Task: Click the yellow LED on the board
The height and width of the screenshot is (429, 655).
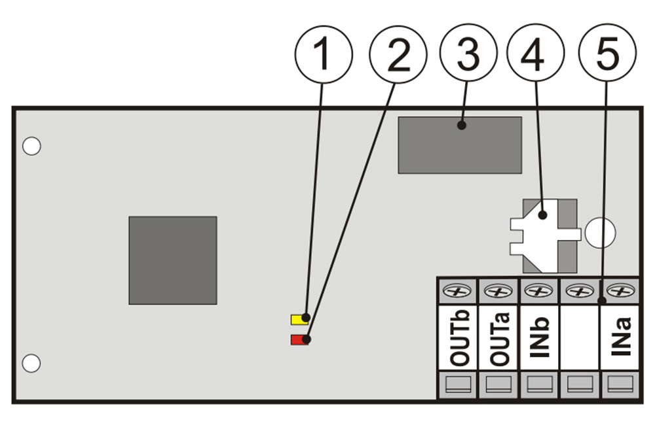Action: click(300, 319)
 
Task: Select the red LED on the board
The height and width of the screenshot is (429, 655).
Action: click(300, 340)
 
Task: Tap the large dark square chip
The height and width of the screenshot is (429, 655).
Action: click(172, 260)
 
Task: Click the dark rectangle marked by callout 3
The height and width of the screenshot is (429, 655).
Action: click(460, 145)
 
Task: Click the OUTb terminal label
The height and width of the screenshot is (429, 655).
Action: click(458, 338)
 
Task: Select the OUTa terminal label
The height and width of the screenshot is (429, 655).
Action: click(498, 338)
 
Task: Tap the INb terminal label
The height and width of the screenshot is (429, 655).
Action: click(538, 338)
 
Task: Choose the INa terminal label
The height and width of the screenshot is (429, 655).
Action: click(620, 338)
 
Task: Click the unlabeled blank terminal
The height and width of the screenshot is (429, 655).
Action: click(579, 338)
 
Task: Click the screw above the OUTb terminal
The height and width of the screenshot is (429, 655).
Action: click(458, 291)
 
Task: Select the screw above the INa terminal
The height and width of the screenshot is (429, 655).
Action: click(620, 291)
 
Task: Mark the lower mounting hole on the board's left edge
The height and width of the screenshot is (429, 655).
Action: click(31, 362)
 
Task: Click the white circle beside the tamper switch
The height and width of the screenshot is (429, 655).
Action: click(600, 232)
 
